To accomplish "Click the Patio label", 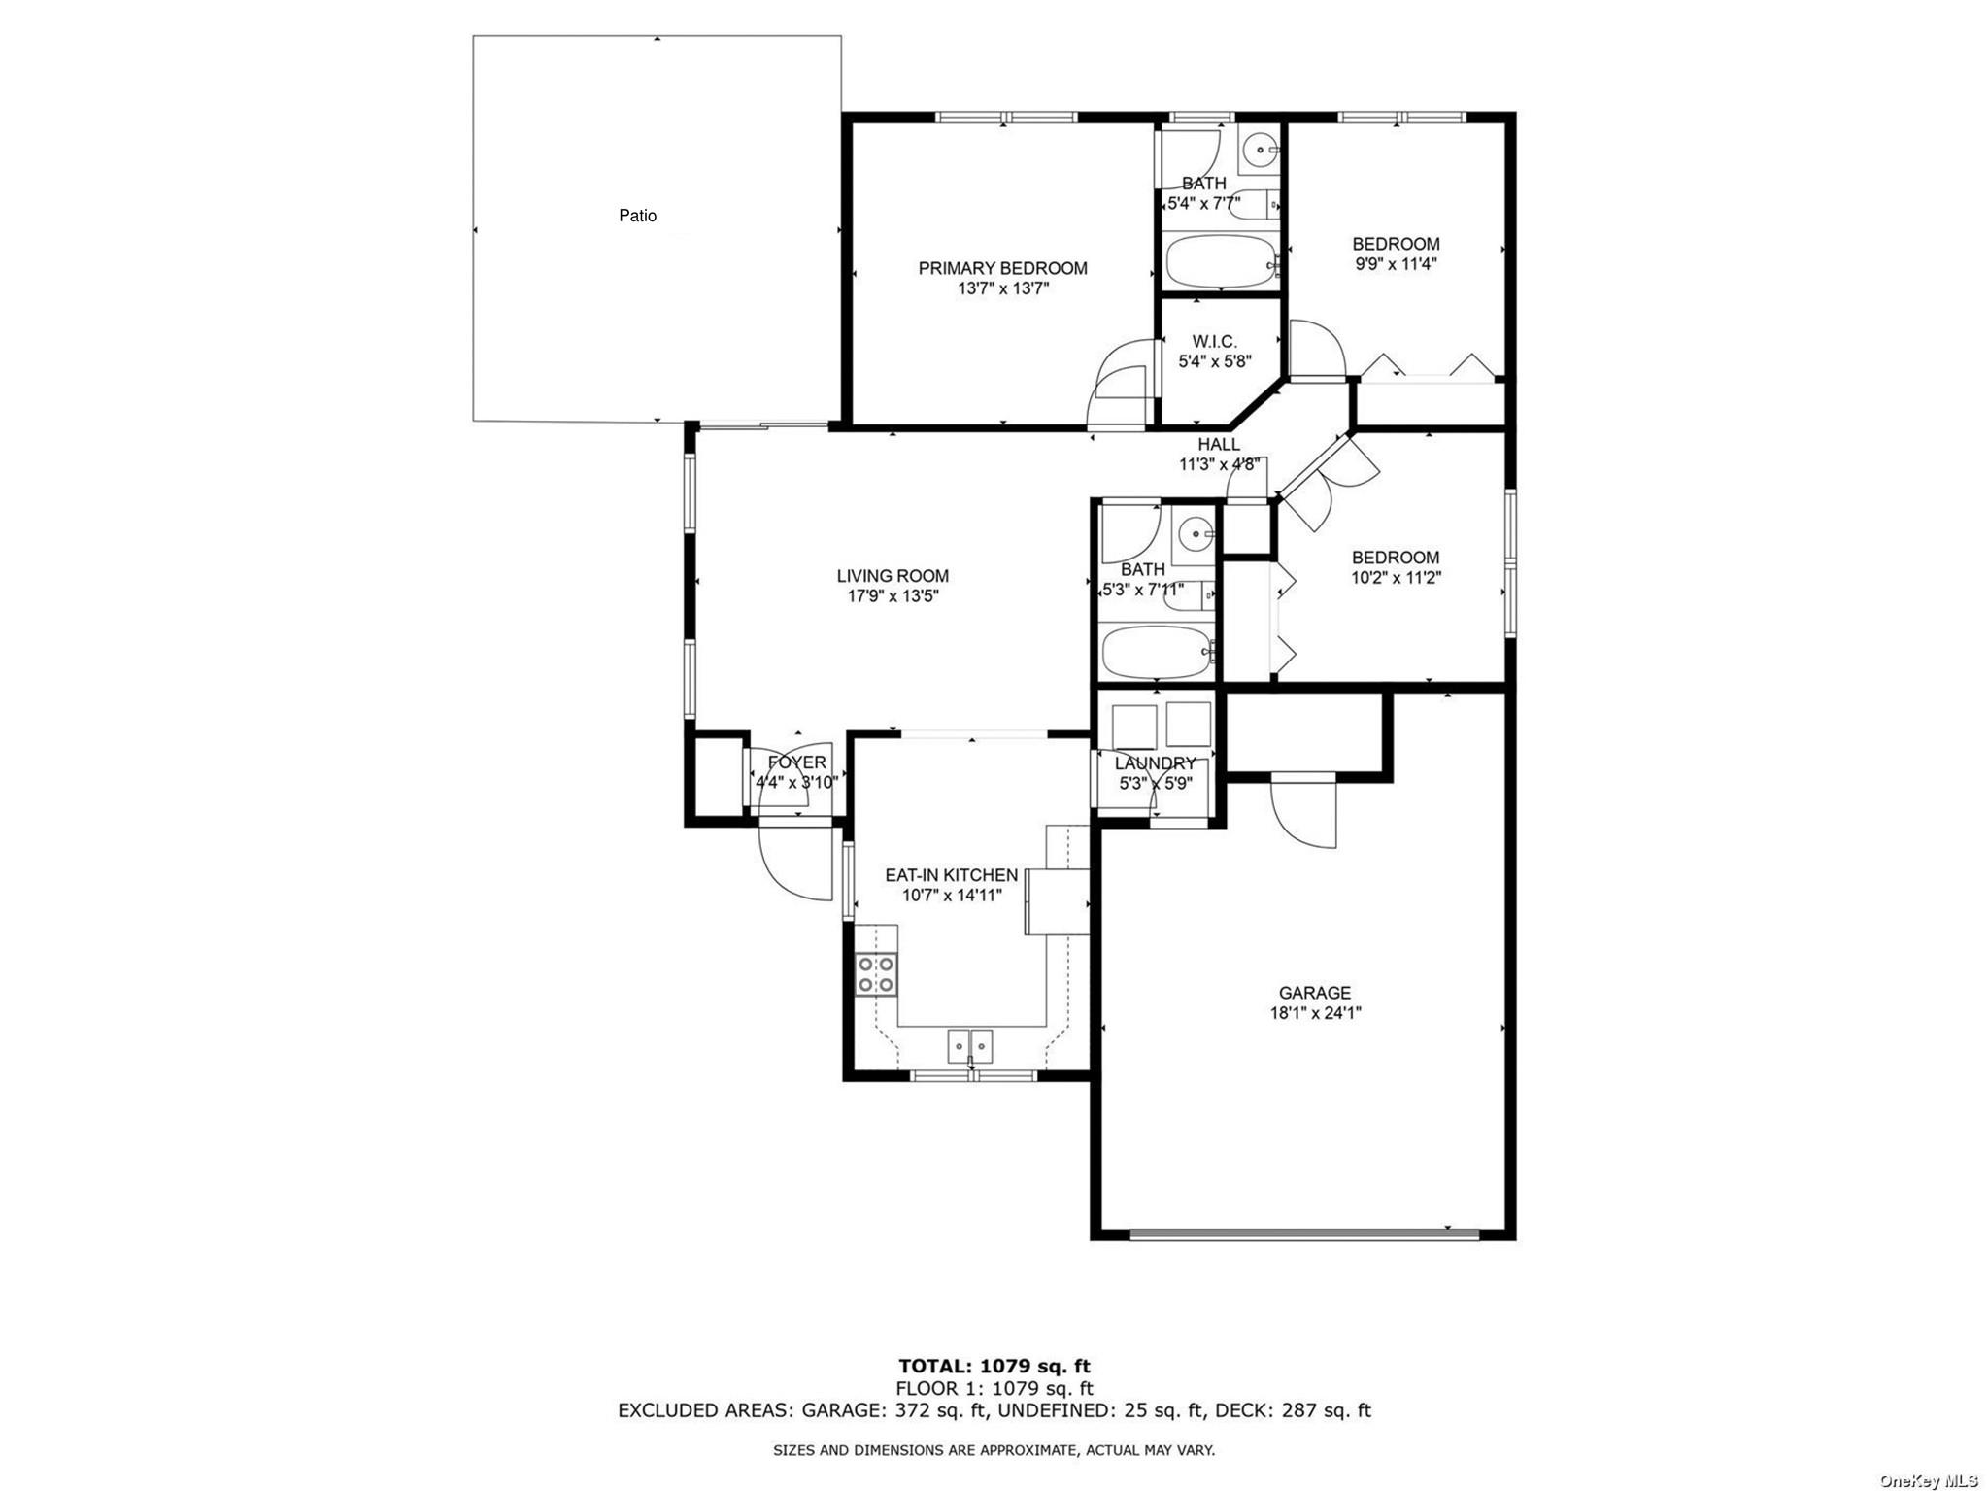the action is click(637, 216).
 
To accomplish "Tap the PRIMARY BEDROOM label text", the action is click(1002, 268).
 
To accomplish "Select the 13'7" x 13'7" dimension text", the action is click(1002, 288).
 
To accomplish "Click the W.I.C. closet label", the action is click(1214, 341).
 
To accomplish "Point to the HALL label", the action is click(1218, 444).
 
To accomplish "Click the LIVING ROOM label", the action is click(893, 576).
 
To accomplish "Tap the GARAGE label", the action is click(1314, 993).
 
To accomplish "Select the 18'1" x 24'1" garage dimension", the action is click(1315, 1013).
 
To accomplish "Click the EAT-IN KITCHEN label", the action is click(951, 875).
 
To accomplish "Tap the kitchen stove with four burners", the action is click(876, 974).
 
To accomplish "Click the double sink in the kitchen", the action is click(970, 1046).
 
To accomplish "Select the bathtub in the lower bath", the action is click(1157, 653).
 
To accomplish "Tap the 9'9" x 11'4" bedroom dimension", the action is click(1396, 263).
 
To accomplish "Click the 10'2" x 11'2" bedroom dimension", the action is click(1396, 578).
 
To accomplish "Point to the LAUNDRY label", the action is click(1155, 763).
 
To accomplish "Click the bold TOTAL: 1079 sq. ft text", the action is click(994, 1367).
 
